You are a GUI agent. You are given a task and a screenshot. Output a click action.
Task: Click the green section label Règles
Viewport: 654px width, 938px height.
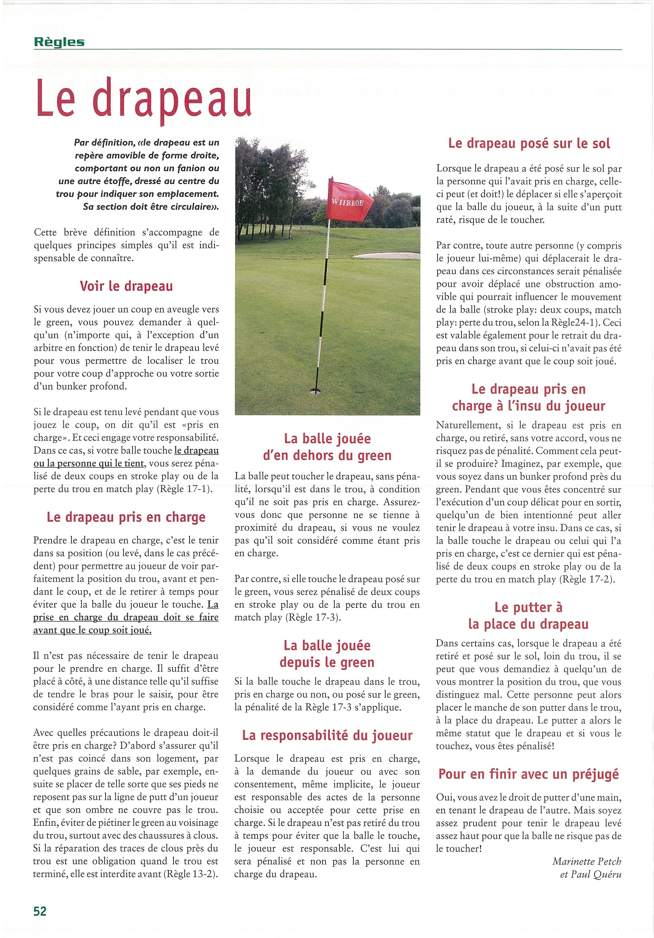tap(59, 42)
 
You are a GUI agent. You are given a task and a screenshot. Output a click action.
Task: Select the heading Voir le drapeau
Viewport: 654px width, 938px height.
tap(126, 286)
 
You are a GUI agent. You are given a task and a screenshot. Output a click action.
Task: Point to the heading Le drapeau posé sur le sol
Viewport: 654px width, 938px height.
tap(529, 143)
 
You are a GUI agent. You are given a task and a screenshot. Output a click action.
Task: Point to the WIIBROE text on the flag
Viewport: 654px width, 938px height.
tap(347, 202)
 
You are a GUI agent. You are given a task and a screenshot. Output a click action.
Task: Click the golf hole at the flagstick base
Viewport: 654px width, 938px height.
tap(315, 391)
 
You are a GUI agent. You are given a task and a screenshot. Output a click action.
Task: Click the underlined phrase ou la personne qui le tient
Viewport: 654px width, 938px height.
tap(89, 463)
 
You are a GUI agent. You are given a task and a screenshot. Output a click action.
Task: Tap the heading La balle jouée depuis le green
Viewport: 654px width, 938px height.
tap(327, 654)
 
